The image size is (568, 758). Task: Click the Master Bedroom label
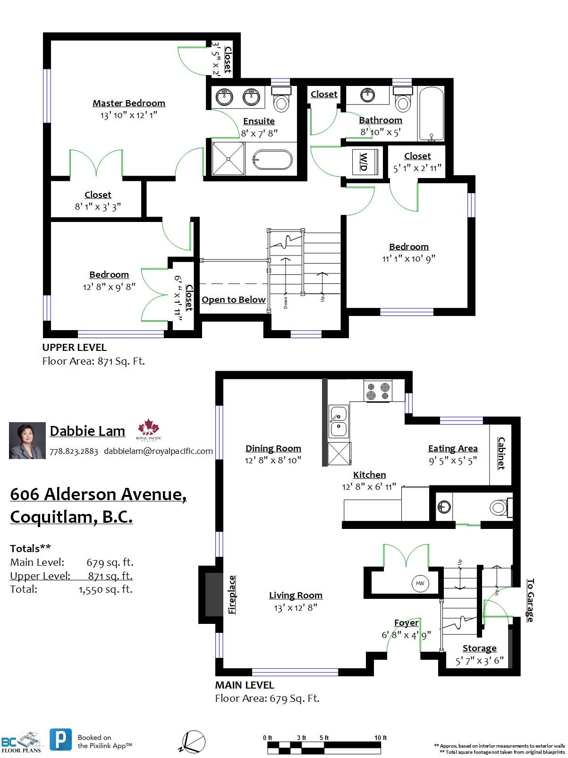tap(128, 103)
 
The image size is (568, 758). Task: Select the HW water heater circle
tap(420, 583)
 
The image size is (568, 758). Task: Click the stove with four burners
tap(378, 391)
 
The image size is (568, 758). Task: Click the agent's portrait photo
tap(27, 441)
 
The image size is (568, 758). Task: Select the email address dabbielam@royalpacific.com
tap(158, 451)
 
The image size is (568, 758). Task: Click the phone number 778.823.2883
tap(74, 451)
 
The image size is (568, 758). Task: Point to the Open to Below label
tap(233, 300)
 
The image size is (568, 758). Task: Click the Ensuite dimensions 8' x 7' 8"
tap(259, 133)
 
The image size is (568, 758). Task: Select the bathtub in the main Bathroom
tap(431, 113)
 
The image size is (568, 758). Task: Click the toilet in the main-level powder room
tap(499, 508)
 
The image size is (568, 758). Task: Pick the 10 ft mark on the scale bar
tap(381, 738)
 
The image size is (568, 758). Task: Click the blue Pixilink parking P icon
tap(61, 739)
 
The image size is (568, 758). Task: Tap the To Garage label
tap(530, 600)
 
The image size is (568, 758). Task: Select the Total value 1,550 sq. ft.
tap(106, 589)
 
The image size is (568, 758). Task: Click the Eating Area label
tap(452, 448)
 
